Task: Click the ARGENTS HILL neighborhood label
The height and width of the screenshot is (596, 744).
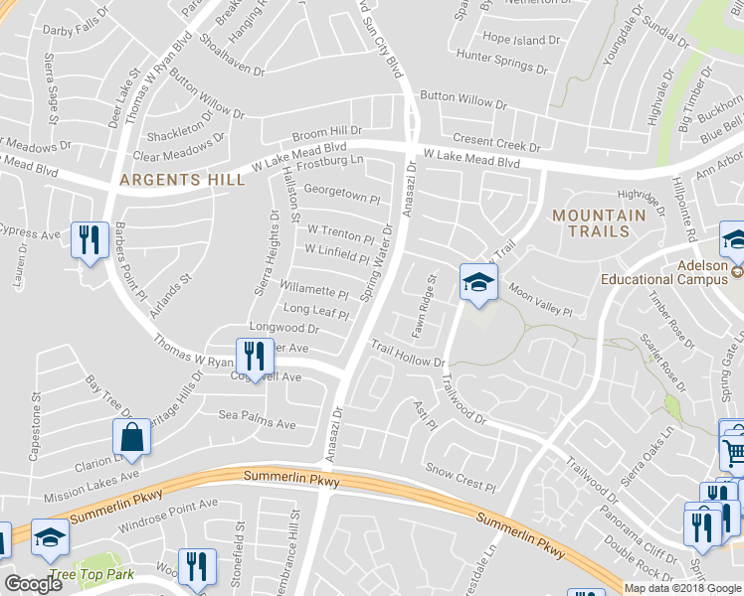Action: click(x=182, y=180)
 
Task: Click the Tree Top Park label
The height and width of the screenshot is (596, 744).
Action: click(x=92, y=575)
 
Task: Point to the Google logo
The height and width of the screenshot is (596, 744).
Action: click(x=33, y=584)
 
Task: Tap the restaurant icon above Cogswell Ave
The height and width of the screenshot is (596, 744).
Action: click(x=254, y=357)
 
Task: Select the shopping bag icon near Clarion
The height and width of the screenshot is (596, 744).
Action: click(x=131, y=435)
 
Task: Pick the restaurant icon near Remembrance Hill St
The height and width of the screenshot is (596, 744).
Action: click(x=196, y=567)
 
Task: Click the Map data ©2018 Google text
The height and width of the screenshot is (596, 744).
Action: click(x=682, y=588)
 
